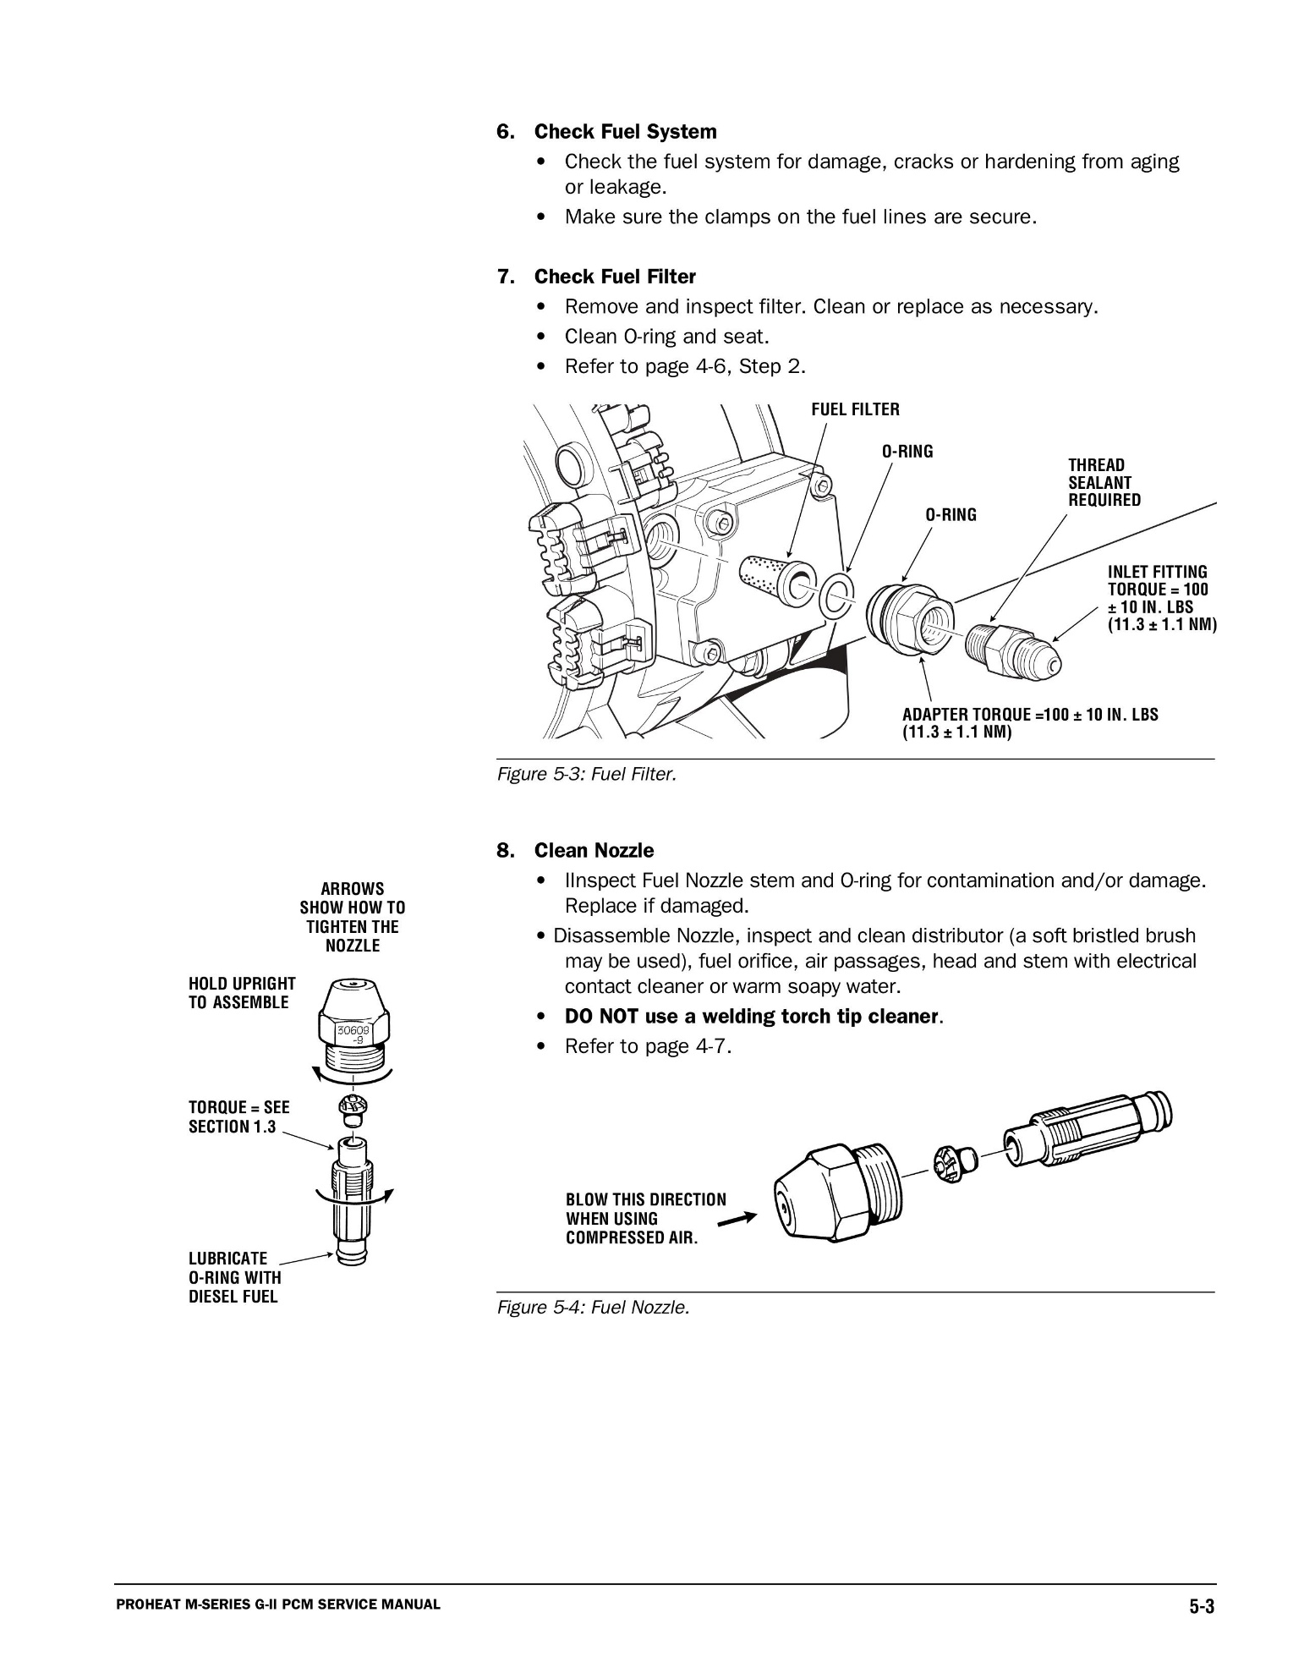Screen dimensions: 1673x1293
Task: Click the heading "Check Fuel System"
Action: [x=625, y=132]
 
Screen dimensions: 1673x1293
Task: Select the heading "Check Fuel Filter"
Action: [x=615, y=277]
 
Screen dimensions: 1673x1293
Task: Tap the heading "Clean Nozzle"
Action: [x=594, y=850]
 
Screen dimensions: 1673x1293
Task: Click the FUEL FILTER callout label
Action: [x=855, y=410]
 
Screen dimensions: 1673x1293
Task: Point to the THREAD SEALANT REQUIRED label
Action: [x=1104, y=482]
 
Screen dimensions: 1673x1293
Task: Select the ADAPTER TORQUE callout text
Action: [x=1029, y=722]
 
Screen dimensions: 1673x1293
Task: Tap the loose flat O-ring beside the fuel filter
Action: [x=836, y=596]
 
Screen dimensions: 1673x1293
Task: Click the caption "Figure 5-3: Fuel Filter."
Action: [x=587, y=774]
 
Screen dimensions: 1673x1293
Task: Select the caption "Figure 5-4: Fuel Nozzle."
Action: [x=593, y=1308]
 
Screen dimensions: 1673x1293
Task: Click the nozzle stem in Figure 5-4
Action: [x=1087, y=1129]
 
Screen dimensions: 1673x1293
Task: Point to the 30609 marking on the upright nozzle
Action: [x=352, y=1032]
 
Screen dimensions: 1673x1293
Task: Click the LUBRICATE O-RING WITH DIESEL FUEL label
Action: [x=234, y=1277]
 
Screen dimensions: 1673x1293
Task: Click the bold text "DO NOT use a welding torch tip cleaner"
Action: [x=751, y=1016]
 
